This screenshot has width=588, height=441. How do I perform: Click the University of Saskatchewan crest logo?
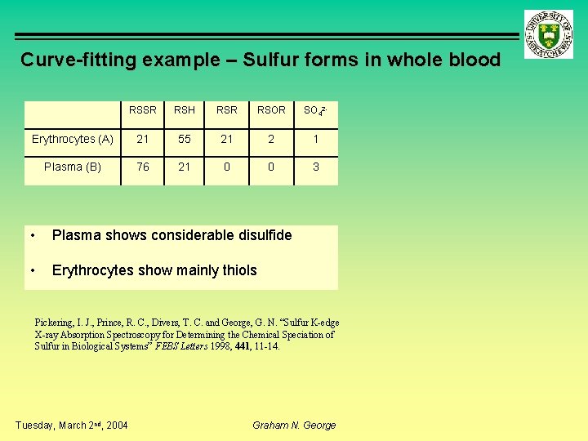pos(549,36)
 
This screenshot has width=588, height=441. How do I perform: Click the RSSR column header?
pos(143,110)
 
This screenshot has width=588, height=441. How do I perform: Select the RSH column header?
pos(185,110)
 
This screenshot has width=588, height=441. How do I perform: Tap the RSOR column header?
pos(272,110)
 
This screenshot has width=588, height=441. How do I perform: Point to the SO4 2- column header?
pos(315,110)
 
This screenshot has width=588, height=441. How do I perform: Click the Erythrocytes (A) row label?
pos(72,140)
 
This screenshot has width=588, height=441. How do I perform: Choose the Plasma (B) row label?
pos(73,167)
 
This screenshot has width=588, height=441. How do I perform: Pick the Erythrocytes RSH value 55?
pos(185,140)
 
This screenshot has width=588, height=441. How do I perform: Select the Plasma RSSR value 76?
pos(143,167)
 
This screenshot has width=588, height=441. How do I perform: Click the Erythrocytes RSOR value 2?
pos(272,140)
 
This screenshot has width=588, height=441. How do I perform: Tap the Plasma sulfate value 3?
pos(316,167)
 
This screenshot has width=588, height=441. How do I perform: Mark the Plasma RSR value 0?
pos(227,167)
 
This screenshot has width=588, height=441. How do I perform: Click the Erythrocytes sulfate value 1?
pos(316,140)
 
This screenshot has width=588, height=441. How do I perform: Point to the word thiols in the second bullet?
pos(237,270)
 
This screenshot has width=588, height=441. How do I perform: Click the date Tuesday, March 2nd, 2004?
pos(72,425)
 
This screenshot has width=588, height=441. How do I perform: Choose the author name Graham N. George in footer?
pos(294,425)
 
